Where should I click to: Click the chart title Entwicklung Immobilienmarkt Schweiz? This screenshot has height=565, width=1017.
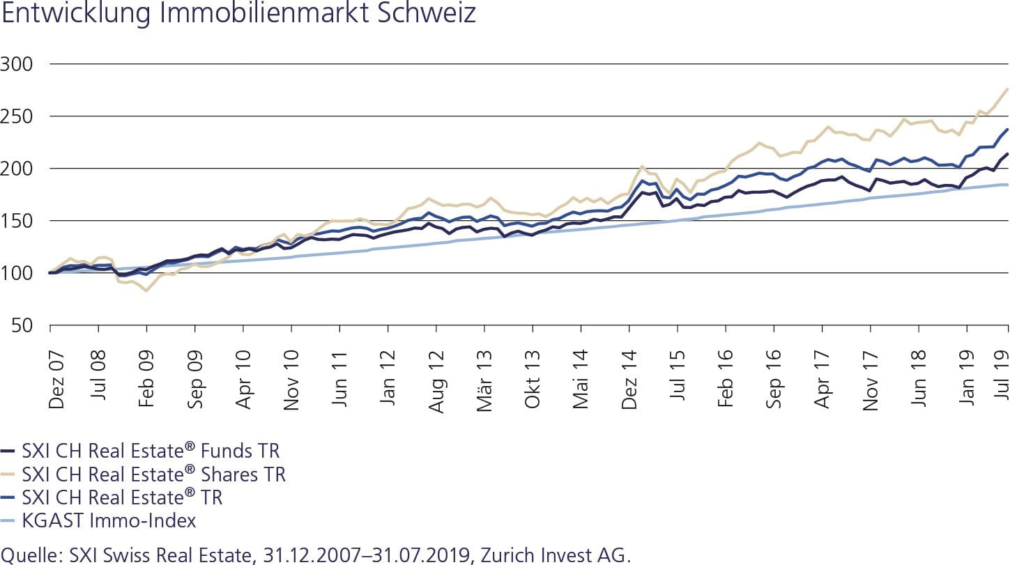[238, 14]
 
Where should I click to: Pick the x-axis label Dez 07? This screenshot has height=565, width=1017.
[56, 373]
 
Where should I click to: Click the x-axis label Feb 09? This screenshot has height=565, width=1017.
[147, 373]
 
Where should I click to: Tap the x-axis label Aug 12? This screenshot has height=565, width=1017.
[437, 373]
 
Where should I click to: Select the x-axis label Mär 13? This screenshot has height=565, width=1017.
[485, 373]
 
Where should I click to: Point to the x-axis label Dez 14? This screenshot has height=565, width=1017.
[630, 373]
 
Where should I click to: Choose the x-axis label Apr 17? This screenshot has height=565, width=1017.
[823, 373]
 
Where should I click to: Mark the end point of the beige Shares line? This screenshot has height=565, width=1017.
[1008, 89]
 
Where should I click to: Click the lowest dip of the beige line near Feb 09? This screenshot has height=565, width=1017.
[146, 290]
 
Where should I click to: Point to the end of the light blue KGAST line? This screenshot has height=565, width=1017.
[1008, 185]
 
